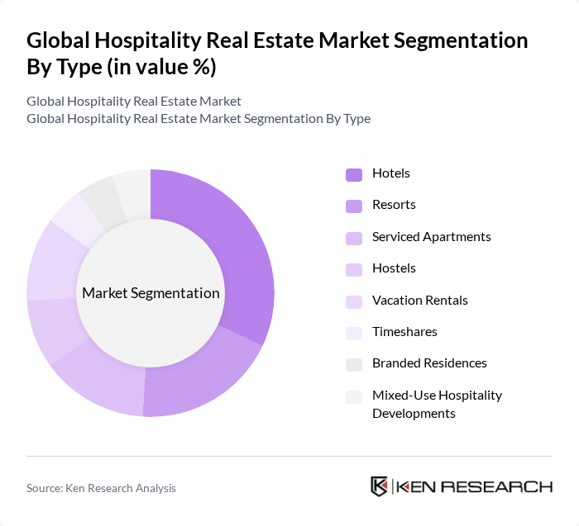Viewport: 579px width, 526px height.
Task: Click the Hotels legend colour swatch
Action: (354, 174)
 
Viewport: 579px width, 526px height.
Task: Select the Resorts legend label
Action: (394, 205)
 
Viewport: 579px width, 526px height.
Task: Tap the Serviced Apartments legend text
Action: (431, 237)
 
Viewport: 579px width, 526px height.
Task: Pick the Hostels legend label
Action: (394, 268)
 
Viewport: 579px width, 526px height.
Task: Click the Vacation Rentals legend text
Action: (419, 301)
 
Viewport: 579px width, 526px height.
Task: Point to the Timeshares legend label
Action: (404, 332)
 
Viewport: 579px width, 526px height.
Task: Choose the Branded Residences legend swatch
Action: (354, 364)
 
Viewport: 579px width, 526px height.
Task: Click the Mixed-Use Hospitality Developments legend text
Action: (437, 404)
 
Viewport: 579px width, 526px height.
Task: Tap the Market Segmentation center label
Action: (151, 293)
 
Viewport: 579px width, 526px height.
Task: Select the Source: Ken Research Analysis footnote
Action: (101, 488)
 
